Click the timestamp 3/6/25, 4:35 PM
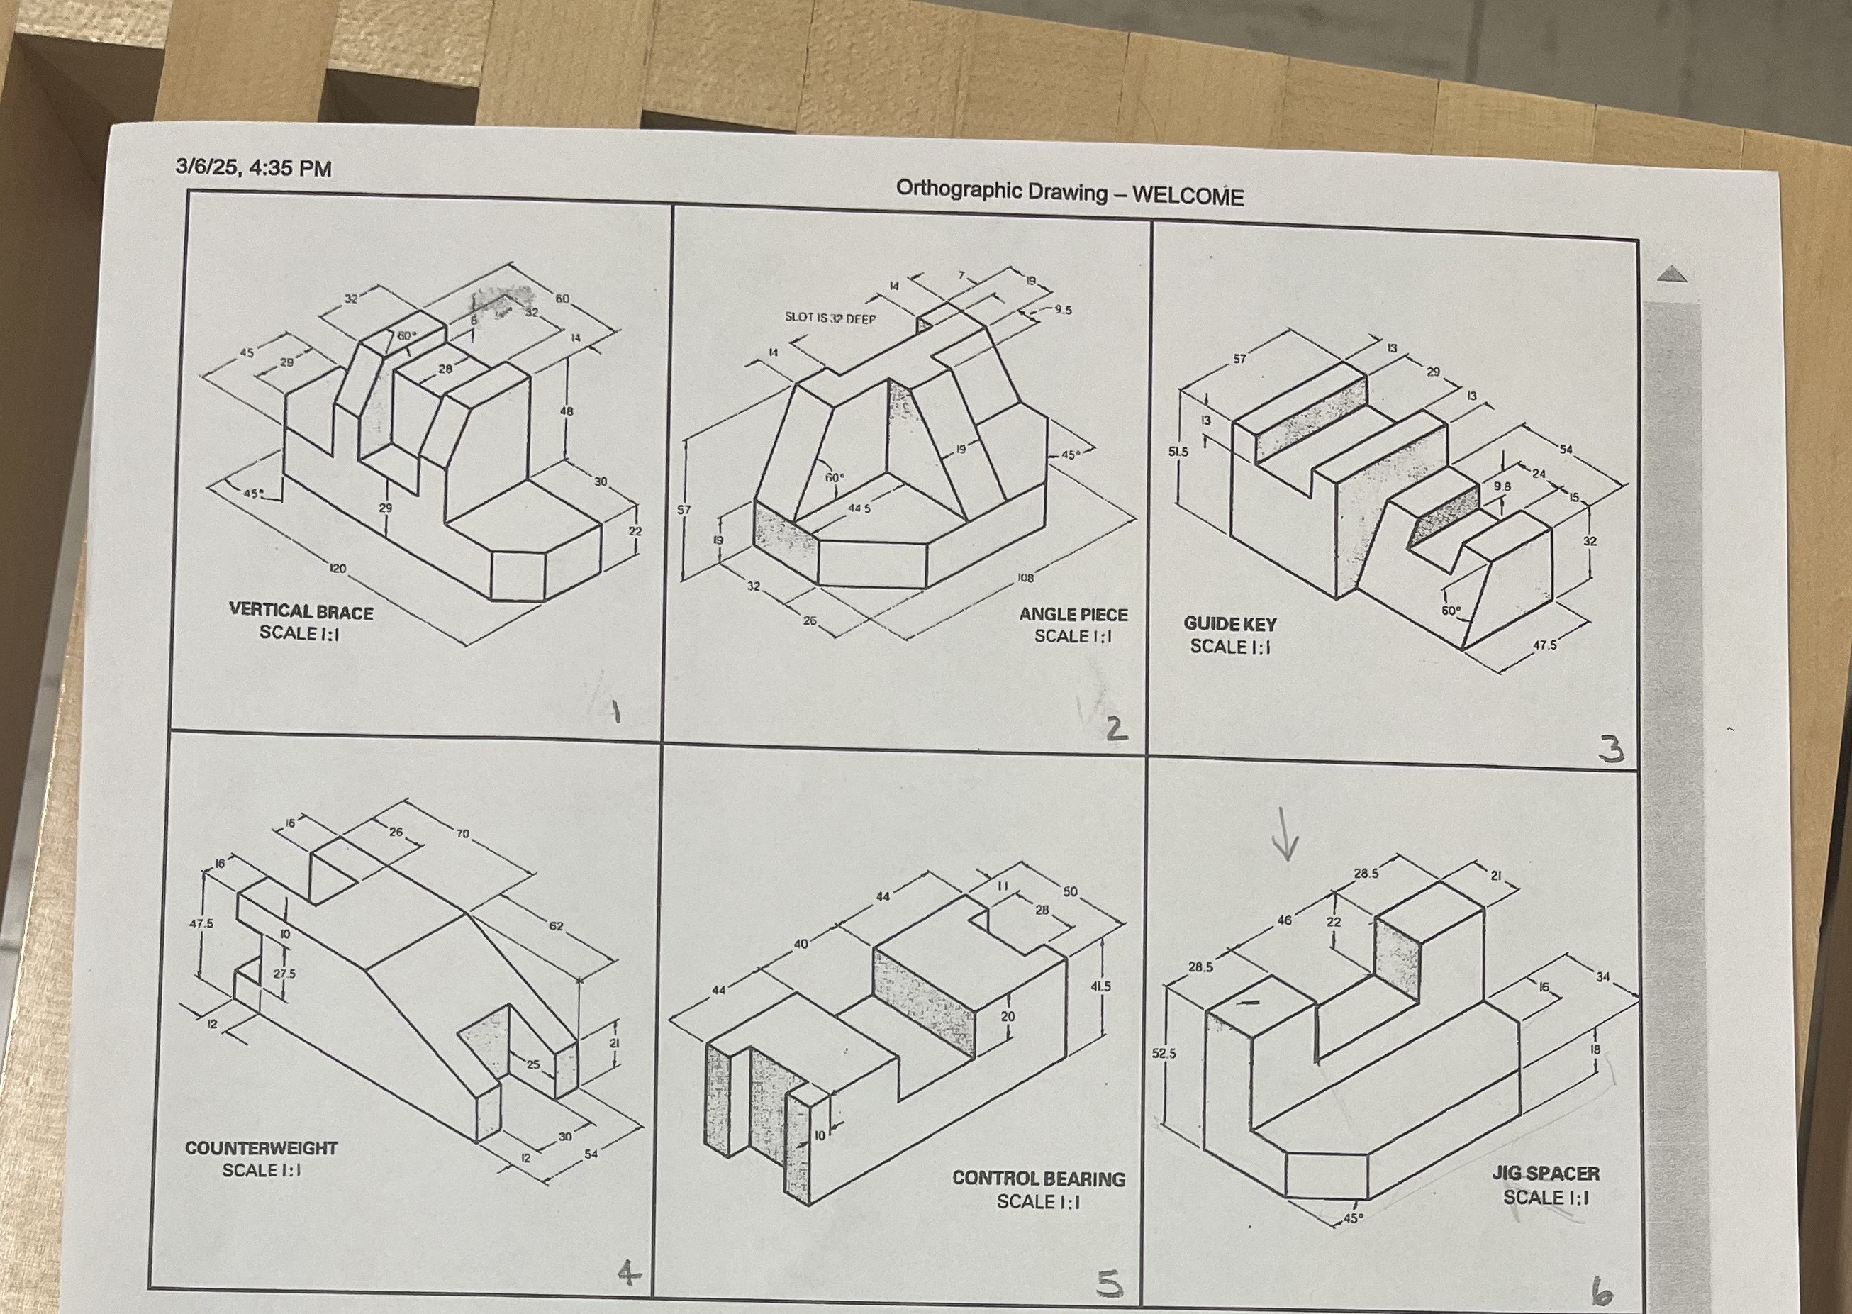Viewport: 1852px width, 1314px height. [x=253, y=168]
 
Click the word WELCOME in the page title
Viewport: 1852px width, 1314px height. [x=1187, y=196]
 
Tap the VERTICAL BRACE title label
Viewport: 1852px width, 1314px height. [x=301, y=613]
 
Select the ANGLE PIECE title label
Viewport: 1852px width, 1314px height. [x=1073, y=615]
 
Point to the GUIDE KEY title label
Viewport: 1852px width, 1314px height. [x=1229, y=625]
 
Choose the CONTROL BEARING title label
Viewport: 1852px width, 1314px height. [x=1038, y=1179]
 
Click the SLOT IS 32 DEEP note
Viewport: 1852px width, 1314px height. [x=830, y=319]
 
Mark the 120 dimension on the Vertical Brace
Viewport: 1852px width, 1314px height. [x=338, y=569]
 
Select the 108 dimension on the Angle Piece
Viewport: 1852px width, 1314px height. [x=1025, y=579]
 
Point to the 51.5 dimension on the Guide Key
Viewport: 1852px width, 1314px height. [x=1178, y=452]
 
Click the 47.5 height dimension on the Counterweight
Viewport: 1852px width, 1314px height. [x=201, y=923]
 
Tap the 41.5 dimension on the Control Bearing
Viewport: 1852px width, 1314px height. [x=1100, y=986]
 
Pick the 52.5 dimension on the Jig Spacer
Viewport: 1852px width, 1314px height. [x=1164, y=1054]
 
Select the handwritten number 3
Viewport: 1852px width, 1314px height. [x=1611, y=750]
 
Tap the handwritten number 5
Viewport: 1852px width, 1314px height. [x=1109, y=1284]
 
